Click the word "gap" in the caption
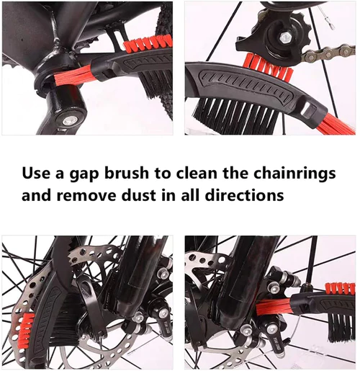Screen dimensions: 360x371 coord(84,174)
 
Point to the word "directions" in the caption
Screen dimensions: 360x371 coord(244,195)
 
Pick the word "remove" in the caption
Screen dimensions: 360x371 coord(86,196)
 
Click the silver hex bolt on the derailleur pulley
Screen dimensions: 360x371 coord(284,37)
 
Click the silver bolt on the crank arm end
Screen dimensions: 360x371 coord(68,121)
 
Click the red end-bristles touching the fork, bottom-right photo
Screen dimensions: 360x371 coord(274,307)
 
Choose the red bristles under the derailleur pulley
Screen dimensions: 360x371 coord(268,68)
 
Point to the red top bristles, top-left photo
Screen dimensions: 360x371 coord(148,42)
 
